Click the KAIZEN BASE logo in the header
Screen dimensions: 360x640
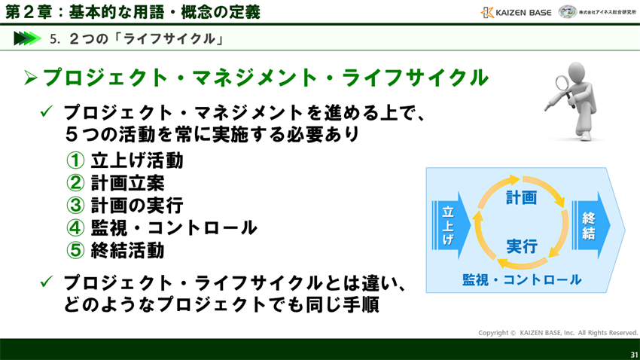click(516, 12)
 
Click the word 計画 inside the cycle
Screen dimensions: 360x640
click(521, 198)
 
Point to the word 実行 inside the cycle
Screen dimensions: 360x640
click(521, 246)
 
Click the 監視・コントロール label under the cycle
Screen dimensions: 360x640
click(522, 280)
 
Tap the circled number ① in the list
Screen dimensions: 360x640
click(75, 160)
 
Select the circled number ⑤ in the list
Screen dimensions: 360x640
click(75, 250)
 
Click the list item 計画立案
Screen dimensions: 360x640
click(127, 183)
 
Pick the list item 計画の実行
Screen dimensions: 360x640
click(136, 206)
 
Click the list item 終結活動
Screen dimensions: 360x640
click(127, 250)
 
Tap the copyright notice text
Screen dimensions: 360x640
click(558, 332)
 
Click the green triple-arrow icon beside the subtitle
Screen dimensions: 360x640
click(26, 38)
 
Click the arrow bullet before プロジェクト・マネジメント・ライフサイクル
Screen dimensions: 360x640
click(30, 78)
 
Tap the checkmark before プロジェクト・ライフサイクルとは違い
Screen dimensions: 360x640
click(46, 282)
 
